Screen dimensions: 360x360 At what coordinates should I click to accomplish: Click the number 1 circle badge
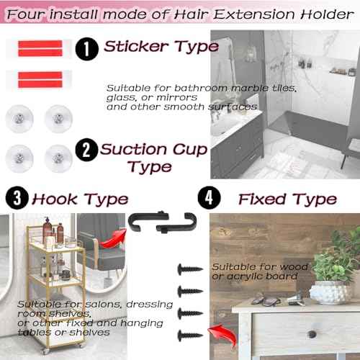[86, 49]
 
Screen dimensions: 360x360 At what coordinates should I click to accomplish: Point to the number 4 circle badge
[210, 198]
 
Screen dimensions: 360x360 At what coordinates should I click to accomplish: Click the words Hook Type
[80, 199]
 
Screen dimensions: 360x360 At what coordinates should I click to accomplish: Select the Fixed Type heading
[287, 199]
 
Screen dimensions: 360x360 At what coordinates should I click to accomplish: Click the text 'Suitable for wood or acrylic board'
[259, 271]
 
